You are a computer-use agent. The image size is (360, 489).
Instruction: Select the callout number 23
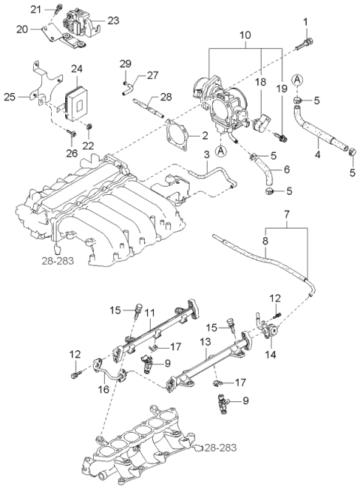(112, 20)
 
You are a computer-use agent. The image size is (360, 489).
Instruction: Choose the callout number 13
(203, 342)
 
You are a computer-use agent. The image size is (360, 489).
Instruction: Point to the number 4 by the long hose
(318, 155)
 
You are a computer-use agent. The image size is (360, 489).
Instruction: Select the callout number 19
(283, 89)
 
